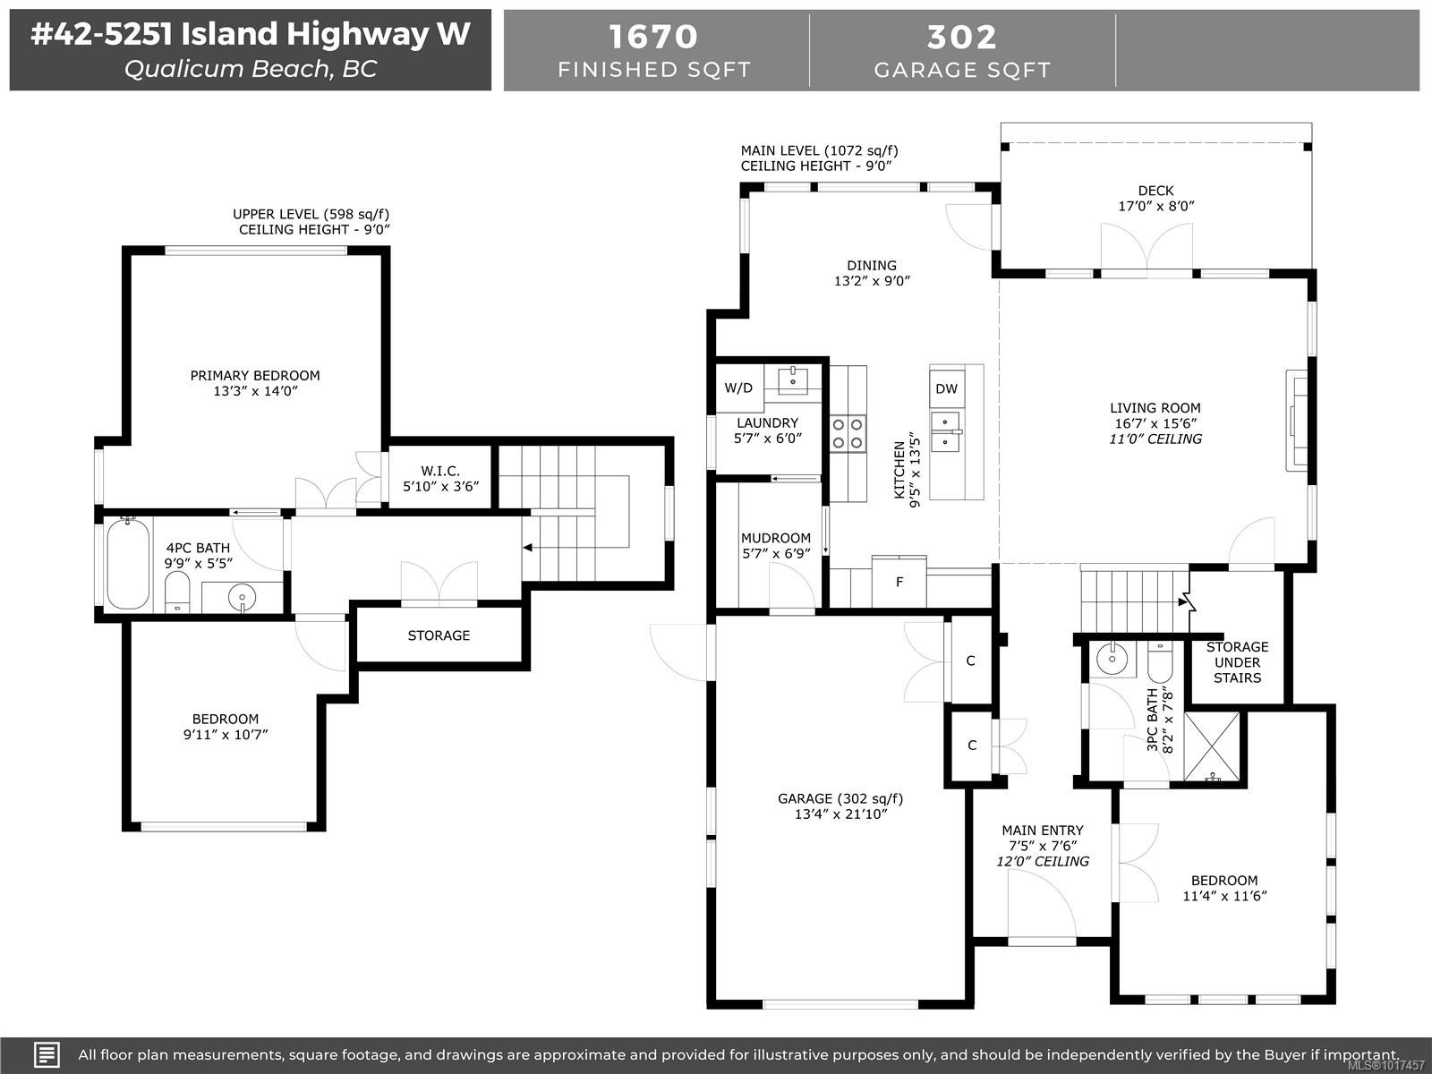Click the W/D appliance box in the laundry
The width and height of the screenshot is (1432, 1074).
pyautogui.click(x=738, y=388)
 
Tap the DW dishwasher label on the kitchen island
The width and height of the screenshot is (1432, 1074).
pyautogui.click(x=946, y=388)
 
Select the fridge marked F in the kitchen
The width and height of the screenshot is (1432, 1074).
pyautogui.click(x=899, y=582)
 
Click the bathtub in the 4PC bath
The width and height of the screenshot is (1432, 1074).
pyautogui.click(x=128, y=565)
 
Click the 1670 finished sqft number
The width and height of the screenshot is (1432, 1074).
pyautogui.click(x=653, y=37)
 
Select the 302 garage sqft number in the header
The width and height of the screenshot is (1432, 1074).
pyautogui.click(x=962, y=37)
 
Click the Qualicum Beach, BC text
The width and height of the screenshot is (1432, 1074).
pyautogui.click(x=251, y=69)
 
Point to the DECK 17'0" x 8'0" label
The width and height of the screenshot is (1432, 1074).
pyautogui.click(x=1155, y=198)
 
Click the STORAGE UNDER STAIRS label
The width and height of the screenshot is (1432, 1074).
pyautogui.click(x=1237, y=662)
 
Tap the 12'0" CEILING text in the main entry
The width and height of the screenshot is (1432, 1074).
pyautogui.click(x=1043, y=861)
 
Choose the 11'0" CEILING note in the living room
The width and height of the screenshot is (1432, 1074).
pyautogui.click(x=1155, y=439)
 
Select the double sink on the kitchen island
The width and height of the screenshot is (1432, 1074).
pyautogui.click(x=945, y=431)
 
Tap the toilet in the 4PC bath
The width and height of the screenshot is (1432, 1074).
pyautogui.click(x=178, y=592)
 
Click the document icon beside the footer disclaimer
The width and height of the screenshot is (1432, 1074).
pyautogui.click(x=47, y=1054)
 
